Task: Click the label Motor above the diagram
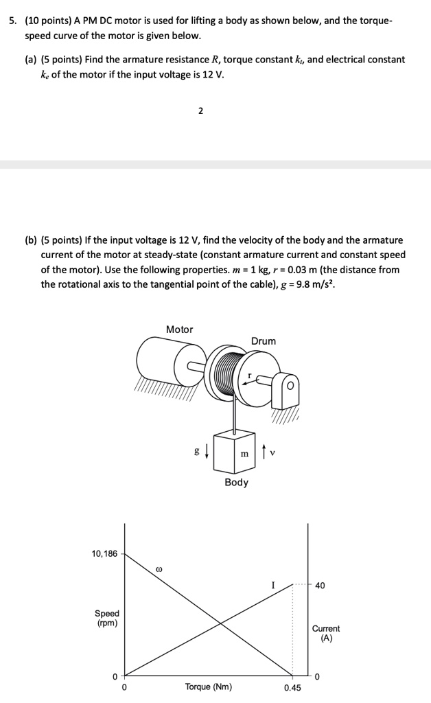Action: pyautogui.click(x=179, y=330)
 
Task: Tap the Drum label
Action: pyautogui.click(x=264, y=341)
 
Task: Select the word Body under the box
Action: pyautogui.click(x=236, y=483)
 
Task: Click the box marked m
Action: pyautogui.click(x=235, y=452)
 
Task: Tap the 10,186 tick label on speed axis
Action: pyautogui.click(x=104, y=553)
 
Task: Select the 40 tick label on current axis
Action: pyautogui.click(x=321, y=586)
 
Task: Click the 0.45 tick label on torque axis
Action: pyautogui.click(x=292, y=687)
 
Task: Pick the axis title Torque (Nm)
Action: pyautogui.click(x=209, y=687)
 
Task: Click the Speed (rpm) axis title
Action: pyautogui.click(x=106, y=618)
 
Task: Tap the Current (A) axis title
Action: pyautogui.click(x=326, y=633)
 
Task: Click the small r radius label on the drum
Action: pyautogui.click(x=249, y=377)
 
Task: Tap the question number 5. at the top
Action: pyautogui.click(x=14, y=21)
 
